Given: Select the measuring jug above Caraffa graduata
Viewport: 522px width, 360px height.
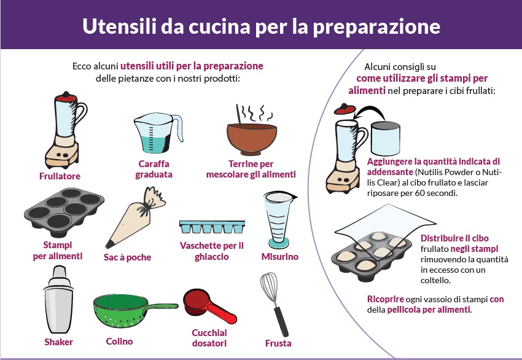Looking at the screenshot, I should (x=155, y=134).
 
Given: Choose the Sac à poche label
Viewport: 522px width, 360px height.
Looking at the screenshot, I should (x=127, y=257).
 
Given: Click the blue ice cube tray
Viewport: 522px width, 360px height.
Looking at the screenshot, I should (x=211, y=227).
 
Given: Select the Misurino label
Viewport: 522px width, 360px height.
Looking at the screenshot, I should (x=279, y=257).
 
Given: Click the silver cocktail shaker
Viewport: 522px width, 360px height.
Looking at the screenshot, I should (x=59, y=301).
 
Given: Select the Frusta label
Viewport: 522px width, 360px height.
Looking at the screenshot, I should (x=278, y=343).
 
